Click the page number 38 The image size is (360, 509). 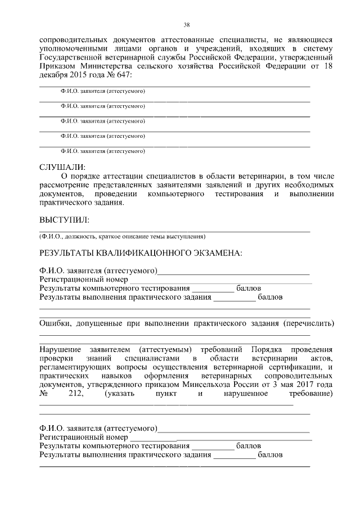click(x=186, y=25)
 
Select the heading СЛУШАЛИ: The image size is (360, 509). click(x=62, y=167)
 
